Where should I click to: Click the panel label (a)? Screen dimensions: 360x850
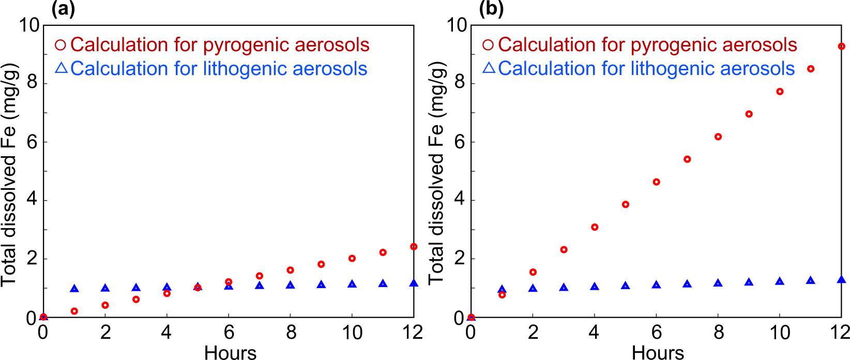(x=63, y=9)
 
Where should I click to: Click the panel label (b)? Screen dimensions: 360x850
(x=491, y=9)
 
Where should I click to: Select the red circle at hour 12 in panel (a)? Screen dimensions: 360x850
(x=414, y=247)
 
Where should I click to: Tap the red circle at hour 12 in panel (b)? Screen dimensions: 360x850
(x=841, y=47)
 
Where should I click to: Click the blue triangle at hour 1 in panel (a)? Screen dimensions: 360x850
(x=74, y=289)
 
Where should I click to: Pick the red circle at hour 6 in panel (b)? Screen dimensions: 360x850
(x=656, y=182)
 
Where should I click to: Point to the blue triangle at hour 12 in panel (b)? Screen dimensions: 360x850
(x=841, y=280)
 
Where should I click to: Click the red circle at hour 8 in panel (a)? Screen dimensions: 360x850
(x=290, y=270)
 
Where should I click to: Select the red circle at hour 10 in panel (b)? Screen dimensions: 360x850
(x=780, y=92)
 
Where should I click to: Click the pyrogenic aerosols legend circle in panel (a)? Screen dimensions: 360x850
(x=60, y=45)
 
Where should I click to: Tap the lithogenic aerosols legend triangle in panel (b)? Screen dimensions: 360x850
(x=489, y=68)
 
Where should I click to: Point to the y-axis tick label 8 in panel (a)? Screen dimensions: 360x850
(x=33, y=83)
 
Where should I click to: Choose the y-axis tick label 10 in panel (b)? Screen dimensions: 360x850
(x=457, y=25)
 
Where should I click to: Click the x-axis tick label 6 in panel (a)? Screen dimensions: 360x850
(x=229, y=332)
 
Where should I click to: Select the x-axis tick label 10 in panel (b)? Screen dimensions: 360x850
(x=780, y=332)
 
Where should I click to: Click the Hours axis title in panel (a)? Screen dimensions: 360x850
(x=230, y=353)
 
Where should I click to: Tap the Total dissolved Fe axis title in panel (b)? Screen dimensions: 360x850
(x=437, y=172)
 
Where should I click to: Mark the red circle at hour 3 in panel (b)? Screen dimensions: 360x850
(x=564, y=250)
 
